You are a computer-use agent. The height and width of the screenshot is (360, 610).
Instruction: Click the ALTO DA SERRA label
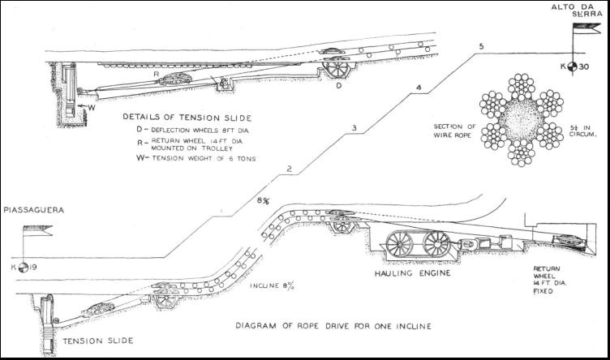[574, 13]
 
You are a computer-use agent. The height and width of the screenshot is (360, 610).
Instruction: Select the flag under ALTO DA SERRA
[582, 31]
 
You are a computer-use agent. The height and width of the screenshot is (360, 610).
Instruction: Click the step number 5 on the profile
[481, 47]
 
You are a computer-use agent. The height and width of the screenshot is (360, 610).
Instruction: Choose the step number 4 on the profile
[419, 88]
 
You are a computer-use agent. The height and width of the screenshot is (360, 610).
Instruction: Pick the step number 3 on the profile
[354, 128]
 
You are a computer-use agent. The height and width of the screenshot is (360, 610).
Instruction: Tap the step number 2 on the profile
[288, 169]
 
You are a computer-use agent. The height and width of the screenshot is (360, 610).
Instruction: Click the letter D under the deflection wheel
[338, 84]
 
